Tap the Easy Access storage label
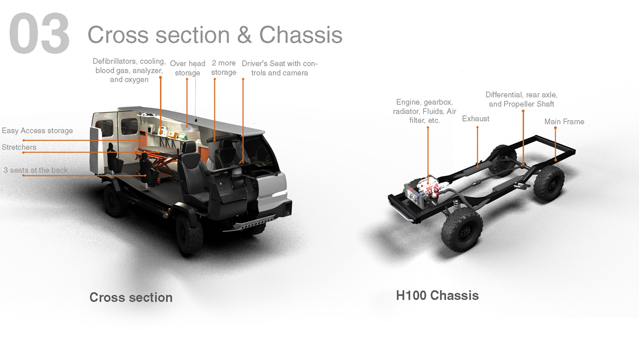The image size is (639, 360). (x=37, y=131)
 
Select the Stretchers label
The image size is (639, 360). (x=19, y=147)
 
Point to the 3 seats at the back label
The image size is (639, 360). (x=36, y=170)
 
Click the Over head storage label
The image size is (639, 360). (x=188, y=68)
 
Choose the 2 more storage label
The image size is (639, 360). (x=224, y=68)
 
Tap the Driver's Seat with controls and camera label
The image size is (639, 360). (x=279, y=68)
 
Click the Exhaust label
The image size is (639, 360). (x=476, y=119)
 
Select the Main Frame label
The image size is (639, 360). (x=564, y=122)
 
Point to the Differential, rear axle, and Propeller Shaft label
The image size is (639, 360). (x=521, y=99)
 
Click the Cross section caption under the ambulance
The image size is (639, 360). (x=131, y=297)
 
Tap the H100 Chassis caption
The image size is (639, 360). (x=437, y=296)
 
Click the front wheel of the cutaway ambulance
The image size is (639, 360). (x=189, y=234)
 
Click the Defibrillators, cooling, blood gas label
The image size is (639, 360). (x=129, y=70)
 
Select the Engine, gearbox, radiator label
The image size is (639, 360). (x=424, y=111)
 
